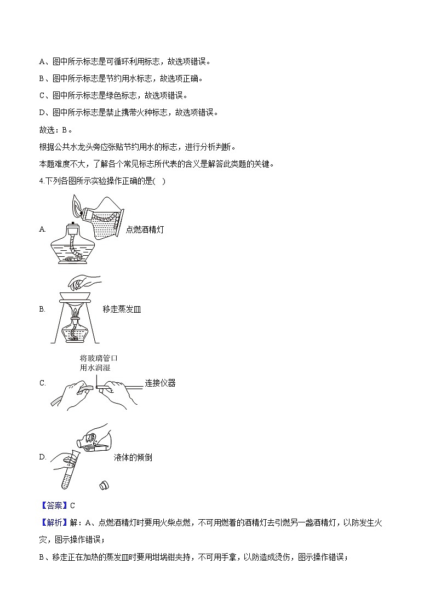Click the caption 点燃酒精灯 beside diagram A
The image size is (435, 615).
click(145, 229)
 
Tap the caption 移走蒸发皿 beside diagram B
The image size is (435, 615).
click(122, 309)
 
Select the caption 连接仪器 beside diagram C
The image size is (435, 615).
click(160, 383)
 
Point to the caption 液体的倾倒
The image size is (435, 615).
click(133, 457)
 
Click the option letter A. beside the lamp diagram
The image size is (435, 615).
click(42, 229)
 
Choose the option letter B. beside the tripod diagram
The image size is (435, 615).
click(42, 309)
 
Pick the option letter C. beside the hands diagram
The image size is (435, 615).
click(43, 383)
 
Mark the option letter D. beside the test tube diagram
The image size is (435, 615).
click(43, 457)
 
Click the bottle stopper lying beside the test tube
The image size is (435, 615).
click(104, 485)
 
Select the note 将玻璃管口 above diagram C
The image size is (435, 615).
click(99, 358)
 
